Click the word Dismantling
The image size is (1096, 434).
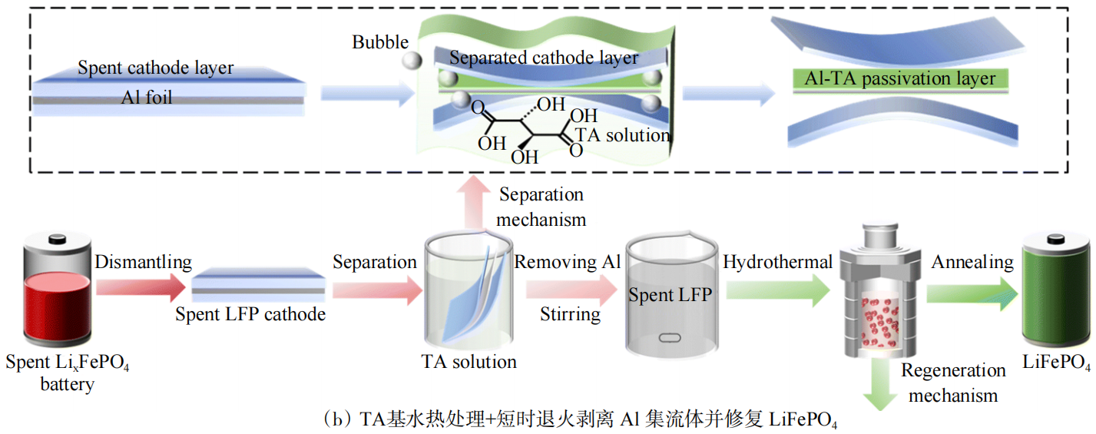point(143,263)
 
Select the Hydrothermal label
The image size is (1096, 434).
point(777,263)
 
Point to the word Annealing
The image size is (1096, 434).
point(972,263)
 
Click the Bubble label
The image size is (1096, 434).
point(380,42)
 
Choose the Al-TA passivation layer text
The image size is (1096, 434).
point(900,78)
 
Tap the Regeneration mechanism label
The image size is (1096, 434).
point(953,383)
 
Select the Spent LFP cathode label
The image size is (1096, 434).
point(250,314)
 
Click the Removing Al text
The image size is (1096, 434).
point(568,263)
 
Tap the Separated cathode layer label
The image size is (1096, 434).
point(544,58)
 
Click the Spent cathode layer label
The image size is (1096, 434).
point(155,68)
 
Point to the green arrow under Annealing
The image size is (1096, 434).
point(970,295)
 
